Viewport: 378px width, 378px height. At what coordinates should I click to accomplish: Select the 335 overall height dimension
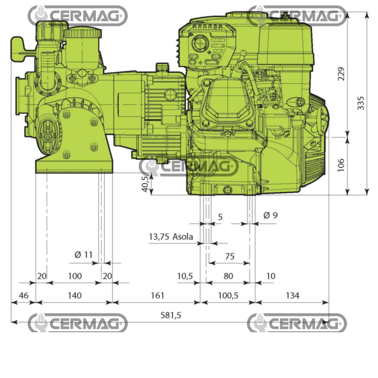pyautogui.click(x=361, y=103)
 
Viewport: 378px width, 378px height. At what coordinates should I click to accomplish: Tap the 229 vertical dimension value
pyautogui.click(x=341, y=74)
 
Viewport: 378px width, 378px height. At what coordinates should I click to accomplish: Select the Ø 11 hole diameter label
pyautogui.click(x=83, y=255)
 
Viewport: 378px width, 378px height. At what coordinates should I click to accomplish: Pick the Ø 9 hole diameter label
pyautogui.click(x=270, y=215)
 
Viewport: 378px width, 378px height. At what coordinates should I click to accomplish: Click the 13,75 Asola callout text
pyautogui.click(x=171, y=237)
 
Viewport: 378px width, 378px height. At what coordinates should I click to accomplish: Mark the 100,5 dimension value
pyautogui.click(x=228, y=295)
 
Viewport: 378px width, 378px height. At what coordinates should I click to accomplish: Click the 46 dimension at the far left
pyautogui.click(x=23, y=295)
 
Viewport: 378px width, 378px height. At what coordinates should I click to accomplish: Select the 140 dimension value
pyautogui.click(x=74, y=295)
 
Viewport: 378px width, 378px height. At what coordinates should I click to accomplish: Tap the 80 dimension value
pyautogui.click(x=228, y=276)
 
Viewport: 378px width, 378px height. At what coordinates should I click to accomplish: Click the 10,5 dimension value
pyautogui.click(x=185, y=276)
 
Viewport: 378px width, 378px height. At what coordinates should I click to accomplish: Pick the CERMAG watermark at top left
pyautogui.click(x=77, y=16)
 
